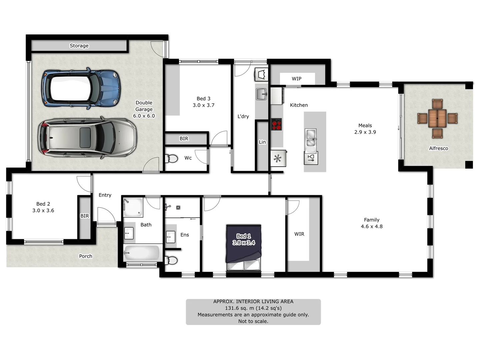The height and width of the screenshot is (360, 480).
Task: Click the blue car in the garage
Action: [x=81, y=88]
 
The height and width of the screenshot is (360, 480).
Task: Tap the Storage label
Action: [x=79, y=46]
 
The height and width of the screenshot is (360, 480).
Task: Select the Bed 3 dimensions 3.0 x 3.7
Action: [x=203, y=105]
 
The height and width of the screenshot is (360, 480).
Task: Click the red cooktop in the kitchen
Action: [x=276, y=124]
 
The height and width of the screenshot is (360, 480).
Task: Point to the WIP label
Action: [x=296, y=79]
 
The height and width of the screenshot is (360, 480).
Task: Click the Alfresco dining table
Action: [x=437, y=118]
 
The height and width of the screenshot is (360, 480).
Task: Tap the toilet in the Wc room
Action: [x=172, y=158]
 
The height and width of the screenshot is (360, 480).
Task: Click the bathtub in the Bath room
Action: [x=142, y=253]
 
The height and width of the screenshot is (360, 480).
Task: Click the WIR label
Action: [x=299, y=234]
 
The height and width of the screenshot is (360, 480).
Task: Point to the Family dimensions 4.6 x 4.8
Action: [x=371, y=226]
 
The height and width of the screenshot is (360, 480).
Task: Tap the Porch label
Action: [x=85, y=256]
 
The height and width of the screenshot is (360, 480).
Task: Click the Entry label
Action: [x=105, y=195]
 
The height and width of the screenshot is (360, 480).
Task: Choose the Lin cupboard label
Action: [x=262, y=142]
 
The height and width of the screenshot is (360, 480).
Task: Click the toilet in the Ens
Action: [x=172, y=260]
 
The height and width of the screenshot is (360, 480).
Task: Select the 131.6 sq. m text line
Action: [x=253, y=308]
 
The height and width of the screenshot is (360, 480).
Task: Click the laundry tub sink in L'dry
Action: [x=261, y=94]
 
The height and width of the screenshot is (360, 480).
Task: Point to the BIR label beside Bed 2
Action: [x=85, y=216]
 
